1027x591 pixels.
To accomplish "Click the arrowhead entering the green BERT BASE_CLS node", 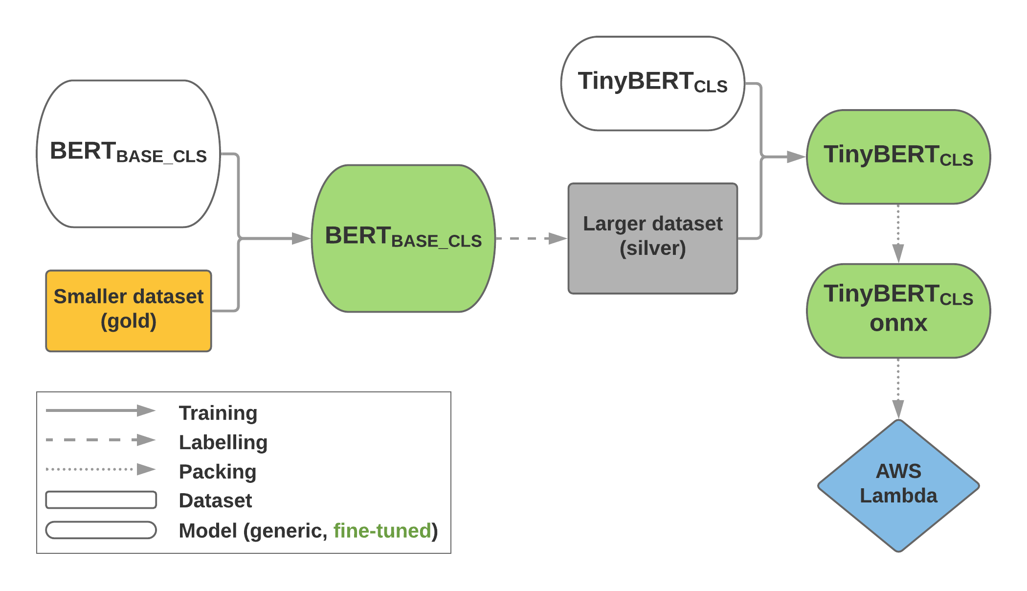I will (301, 238).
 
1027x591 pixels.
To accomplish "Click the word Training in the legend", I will (218, 413).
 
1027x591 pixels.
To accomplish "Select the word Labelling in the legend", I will (223, 442).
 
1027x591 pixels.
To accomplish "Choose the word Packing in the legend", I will (218, 472).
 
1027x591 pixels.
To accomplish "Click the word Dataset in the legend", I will (215, 500).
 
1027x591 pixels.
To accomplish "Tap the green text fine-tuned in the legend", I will (382, 530).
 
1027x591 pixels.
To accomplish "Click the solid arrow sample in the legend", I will (100, 410).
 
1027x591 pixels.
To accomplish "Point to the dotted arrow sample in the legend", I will (100, 469).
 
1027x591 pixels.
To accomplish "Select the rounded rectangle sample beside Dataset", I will (101, 500).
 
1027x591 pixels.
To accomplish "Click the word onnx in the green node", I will (898, 323).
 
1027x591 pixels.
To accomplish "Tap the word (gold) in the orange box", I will (128, 321).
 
